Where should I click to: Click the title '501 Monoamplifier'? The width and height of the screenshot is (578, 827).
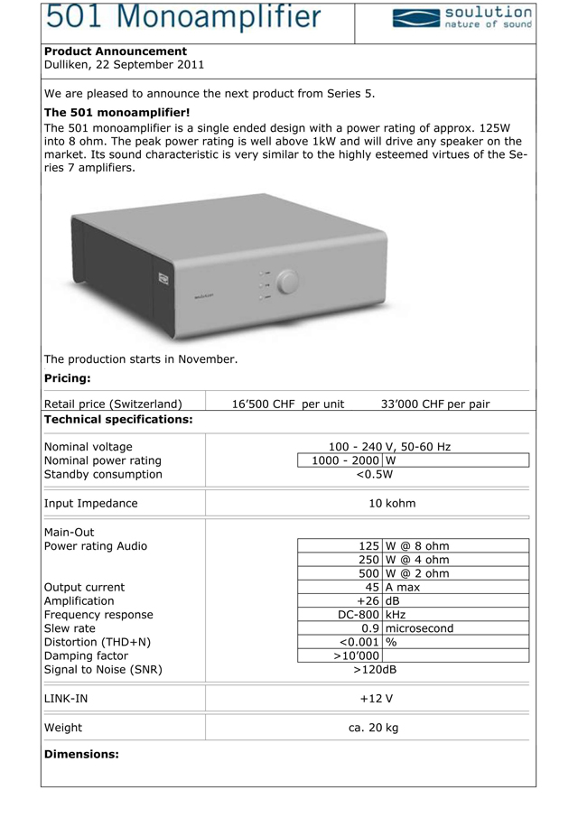click(x=182, y=17)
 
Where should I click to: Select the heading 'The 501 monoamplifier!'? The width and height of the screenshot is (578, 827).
click(x=117, y=112)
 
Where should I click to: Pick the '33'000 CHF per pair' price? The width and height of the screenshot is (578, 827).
click(x=435, y=404)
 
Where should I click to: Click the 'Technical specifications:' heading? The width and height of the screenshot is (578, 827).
click(x=118, y=420)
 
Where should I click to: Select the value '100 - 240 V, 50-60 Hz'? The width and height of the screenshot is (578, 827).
click(x=389, y=447)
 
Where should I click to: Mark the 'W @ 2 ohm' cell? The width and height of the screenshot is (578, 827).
click(x=417, y=573)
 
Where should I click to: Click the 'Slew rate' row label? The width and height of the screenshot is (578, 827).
click(x=70, y=628)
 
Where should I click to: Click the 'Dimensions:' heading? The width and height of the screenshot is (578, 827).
click(x=81, y=754)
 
